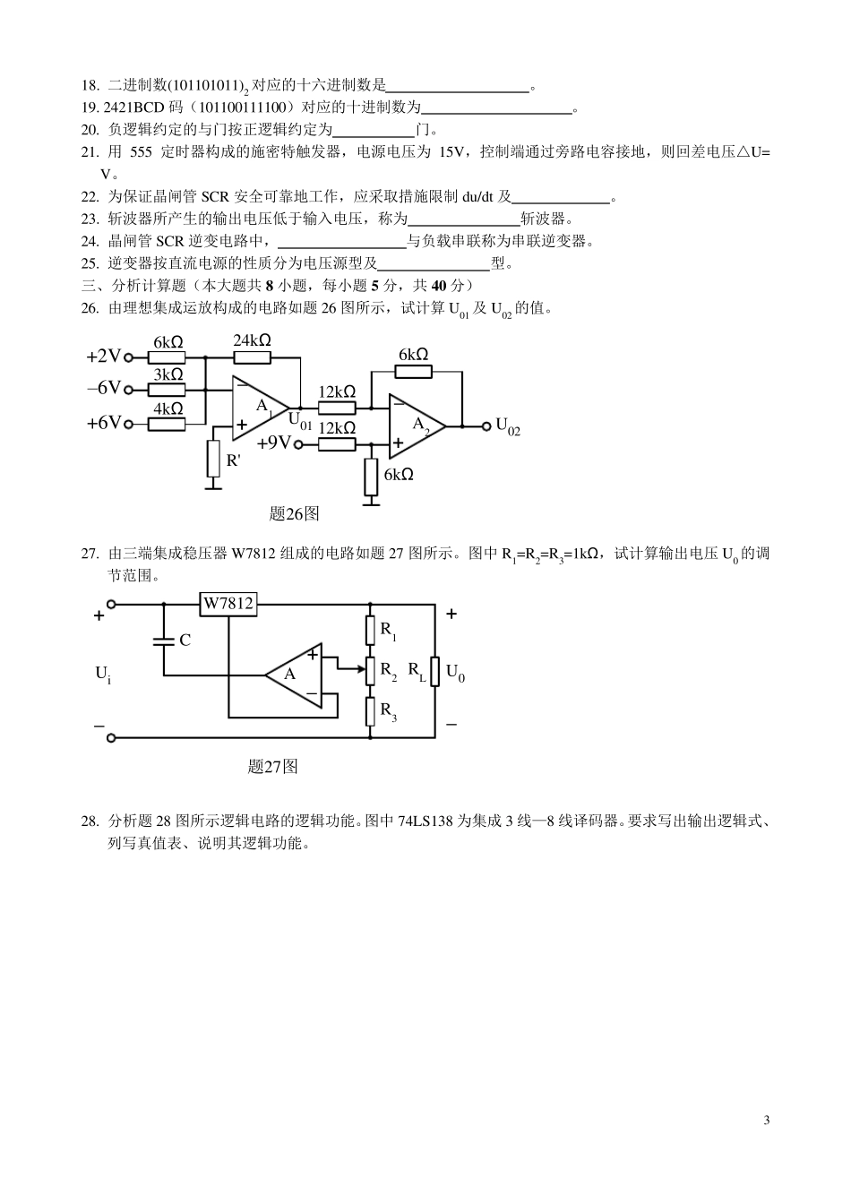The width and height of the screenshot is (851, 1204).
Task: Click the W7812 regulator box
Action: click(x=228, y=604)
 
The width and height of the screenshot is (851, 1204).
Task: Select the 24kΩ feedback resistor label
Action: click(x=252, y=340)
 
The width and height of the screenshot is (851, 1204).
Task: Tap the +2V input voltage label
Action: click(x=103, y=357)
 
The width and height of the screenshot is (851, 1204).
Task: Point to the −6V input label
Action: click(x=103, y=389)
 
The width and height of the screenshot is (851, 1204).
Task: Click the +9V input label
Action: click(x=273, y=443)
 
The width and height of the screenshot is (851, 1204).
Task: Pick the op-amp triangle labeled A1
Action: click(x=260, y=408)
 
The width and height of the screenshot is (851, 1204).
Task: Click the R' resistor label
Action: click(x=233, y=460)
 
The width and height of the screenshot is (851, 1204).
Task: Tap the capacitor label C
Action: click(x=185, y=641)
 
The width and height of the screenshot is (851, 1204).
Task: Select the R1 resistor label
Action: click(x=388, y=630)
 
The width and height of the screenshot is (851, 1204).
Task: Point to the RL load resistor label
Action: click(x=417, y=670)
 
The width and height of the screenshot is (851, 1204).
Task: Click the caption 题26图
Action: click(x=294, y=514)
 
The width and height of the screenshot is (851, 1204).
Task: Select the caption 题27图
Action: click(x=272, y=767)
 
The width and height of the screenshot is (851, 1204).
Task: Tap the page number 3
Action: click(x=766, y=1120)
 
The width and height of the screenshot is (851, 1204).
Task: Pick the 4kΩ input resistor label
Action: click(x=168, y=408)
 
